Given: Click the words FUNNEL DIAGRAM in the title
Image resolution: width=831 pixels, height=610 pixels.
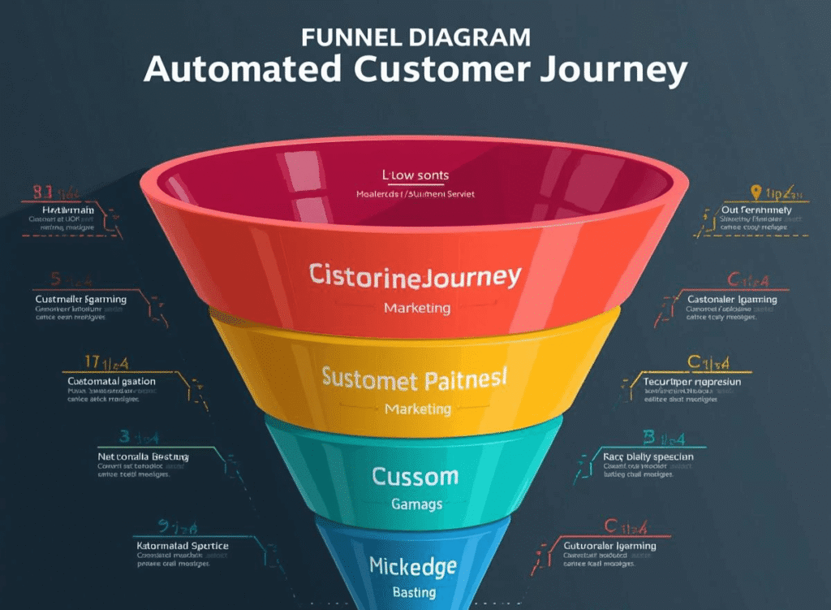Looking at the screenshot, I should (x=415, y=37).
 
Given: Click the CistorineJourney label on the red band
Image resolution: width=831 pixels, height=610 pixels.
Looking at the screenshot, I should (x=415, y=276).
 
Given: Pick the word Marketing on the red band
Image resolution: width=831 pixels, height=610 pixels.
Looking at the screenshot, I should (x=416, y=308).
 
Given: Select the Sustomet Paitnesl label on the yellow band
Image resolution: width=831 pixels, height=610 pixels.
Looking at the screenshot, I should (x=415, y=379).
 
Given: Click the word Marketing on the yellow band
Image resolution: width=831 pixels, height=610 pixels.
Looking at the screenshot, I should (x=417, y=409).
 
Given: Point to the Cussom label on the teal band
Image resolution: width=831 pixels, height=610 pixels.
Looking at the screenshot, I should (x=415, y=476).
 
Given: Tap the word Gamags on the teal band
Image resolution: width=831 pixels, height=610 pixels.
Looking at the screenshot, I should (x=416, y=504).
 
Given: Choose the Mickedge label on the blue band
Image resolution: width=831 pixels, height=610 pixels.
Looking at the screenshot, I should (x=412, y=565).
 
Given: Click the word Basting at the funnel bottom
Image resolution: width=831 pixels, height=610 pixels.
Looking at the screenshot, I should (x=414, y=592).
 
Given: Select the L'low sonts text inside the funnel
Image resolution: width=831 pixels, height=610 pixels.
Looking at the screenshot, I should (x=415, y=175).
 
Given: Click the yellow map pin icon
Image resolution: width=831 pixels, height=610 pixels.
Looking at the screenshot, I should (x=756, y=193).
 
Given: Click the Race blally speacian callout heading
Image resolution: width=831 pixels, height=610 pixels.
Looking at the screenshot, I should (x=648, y=456).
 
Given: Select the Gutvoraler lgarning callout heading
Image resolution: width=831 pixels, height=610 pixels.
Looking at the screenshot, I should (x=610, y=545).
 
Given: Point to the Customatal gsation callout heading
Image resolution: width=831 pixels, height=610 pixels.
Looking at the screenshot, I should (x=111, y=381).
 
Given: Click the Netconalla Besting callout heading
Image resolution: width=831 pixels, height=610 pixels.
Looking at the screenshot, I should (x=143, y=456).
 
